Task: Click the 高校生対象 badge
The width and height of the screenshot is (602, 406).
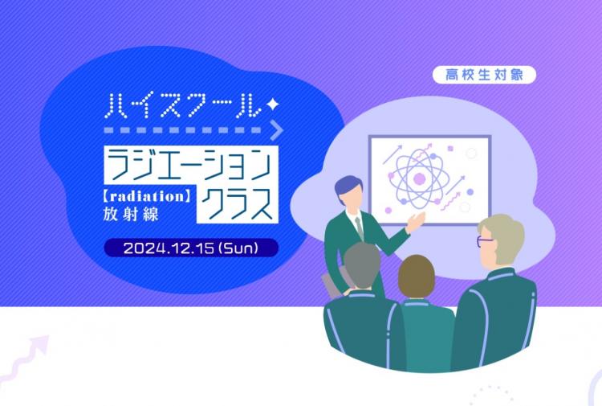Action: [484, 75]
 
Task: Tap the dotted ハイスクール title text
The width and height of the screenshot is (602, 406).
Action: [184, 105]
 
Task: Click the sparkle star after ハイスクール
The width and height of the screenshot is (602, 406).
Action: [273, 104]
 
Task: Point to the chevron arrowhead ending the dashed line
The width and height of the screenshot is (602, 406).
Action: [277, 130]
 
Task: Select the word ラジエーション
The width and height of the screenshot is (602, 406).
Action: [191, 165]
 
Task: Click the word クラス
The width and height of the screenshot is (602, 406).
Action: [237, 204]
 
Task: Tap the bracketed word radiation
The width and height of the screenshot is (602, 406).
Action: [148, 196]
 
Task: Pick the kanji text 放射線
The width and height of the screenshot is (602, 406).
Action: [131, 214]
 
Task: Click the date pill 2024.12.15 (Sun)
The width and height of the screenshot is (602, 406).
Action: [191, 248]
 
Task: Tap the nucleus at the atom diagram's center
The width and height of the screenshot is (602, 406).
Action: [419, 178]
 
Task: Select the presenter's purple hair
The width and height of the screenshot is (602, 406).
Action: [347, 186]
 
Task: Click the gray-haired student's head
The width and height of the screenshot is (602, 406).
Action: [361, 265]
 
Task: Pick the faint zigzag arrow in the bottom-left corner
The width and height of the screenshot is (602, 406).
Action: [24, 359]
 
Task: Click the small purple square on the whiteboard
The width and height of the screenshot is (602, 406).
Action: [451, 149]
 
